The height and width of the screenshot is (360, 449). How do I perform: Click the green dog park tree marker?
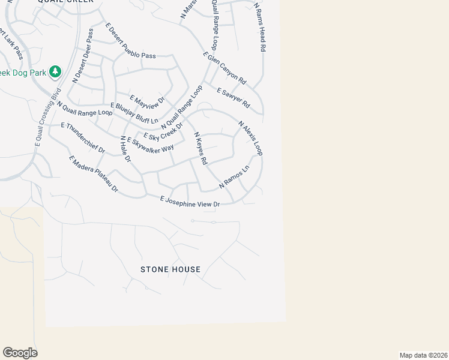(55, 72)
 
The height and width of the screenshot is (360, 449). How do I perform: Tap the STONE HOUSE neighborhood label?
(170, 269)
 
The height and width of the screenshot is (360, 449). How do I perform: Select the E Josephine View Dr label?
(190, 202)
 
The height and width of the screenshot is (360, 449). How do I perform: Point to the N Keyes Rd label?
(199, 149)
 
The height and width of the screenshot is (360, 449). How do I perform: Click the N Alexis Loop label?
(250, 139)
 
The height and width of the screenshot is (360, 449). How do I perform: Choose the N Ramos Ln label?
(234, 178)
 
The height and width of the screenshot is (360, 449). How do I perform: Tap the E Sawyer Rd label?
(232, 100)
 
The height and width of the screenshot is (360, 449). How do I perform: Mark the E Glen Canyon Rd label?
(225, 68)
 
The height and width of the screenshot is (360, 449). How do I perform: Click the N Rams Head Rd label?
(260, 27)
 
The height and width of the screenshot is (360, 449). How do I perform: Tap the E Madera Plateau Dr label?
(94, 175)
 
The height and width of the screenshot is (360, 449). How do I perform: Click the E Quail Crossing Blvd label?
(49, 118)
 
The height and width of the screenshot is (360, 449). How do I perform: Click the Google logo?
(20, 353)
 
